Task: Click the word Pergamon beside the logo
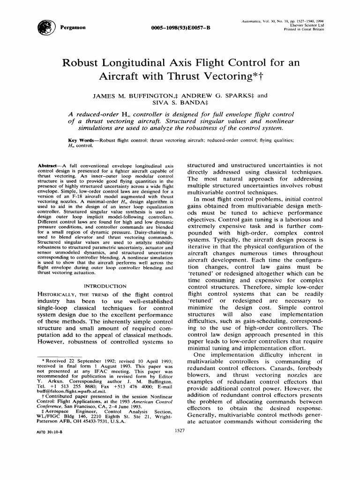[x=73, y=27]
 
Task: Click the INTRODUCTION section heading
[x=105, y=285]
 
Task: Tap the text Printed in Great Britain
[x=304, y=29]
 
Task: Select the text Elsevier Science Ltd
[x=307, y=25]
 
